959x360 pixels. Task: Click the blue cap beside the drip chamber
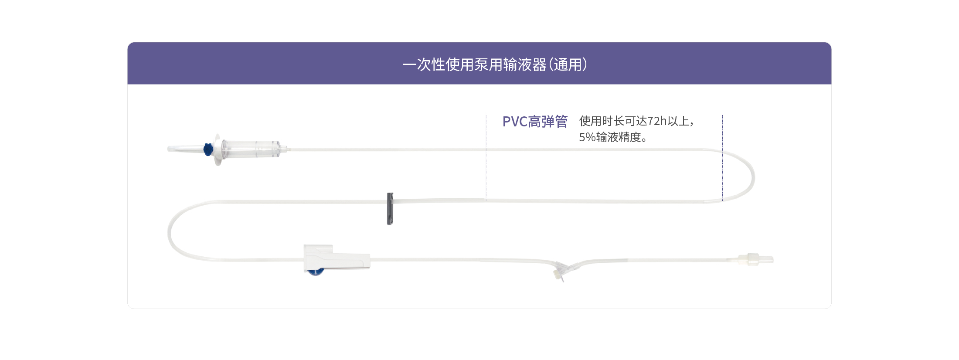[x=208, y=149]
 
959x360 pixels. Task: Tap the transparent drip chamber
[x=251, y=149]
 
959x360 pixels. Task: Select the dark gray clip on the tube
[x=390, y=209]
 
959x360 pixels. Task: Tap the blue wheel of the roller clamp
[x=315, y=272]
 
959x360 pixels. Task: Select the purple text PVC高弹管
[x=535, y=122]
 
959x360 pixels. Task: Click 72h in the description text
[x=657, y=121]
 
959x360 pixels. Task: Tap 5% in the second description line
[x=587, y=137]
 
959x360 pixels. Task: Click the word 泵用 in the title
[x=488, y=65]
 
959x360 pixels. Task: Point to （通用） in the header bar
[x=568, y=65]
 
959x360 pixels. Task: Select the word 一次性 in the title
[x=424, y=65]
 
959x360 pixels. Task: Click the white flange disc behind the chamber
[x=218, y=149]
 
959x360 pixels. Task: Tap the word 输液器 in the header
[x=524, y=65]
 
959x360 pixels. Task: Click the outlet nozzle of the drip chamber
[x=285, y=149]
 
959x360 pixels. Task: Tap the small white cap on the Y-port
[x=557, y=274]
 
